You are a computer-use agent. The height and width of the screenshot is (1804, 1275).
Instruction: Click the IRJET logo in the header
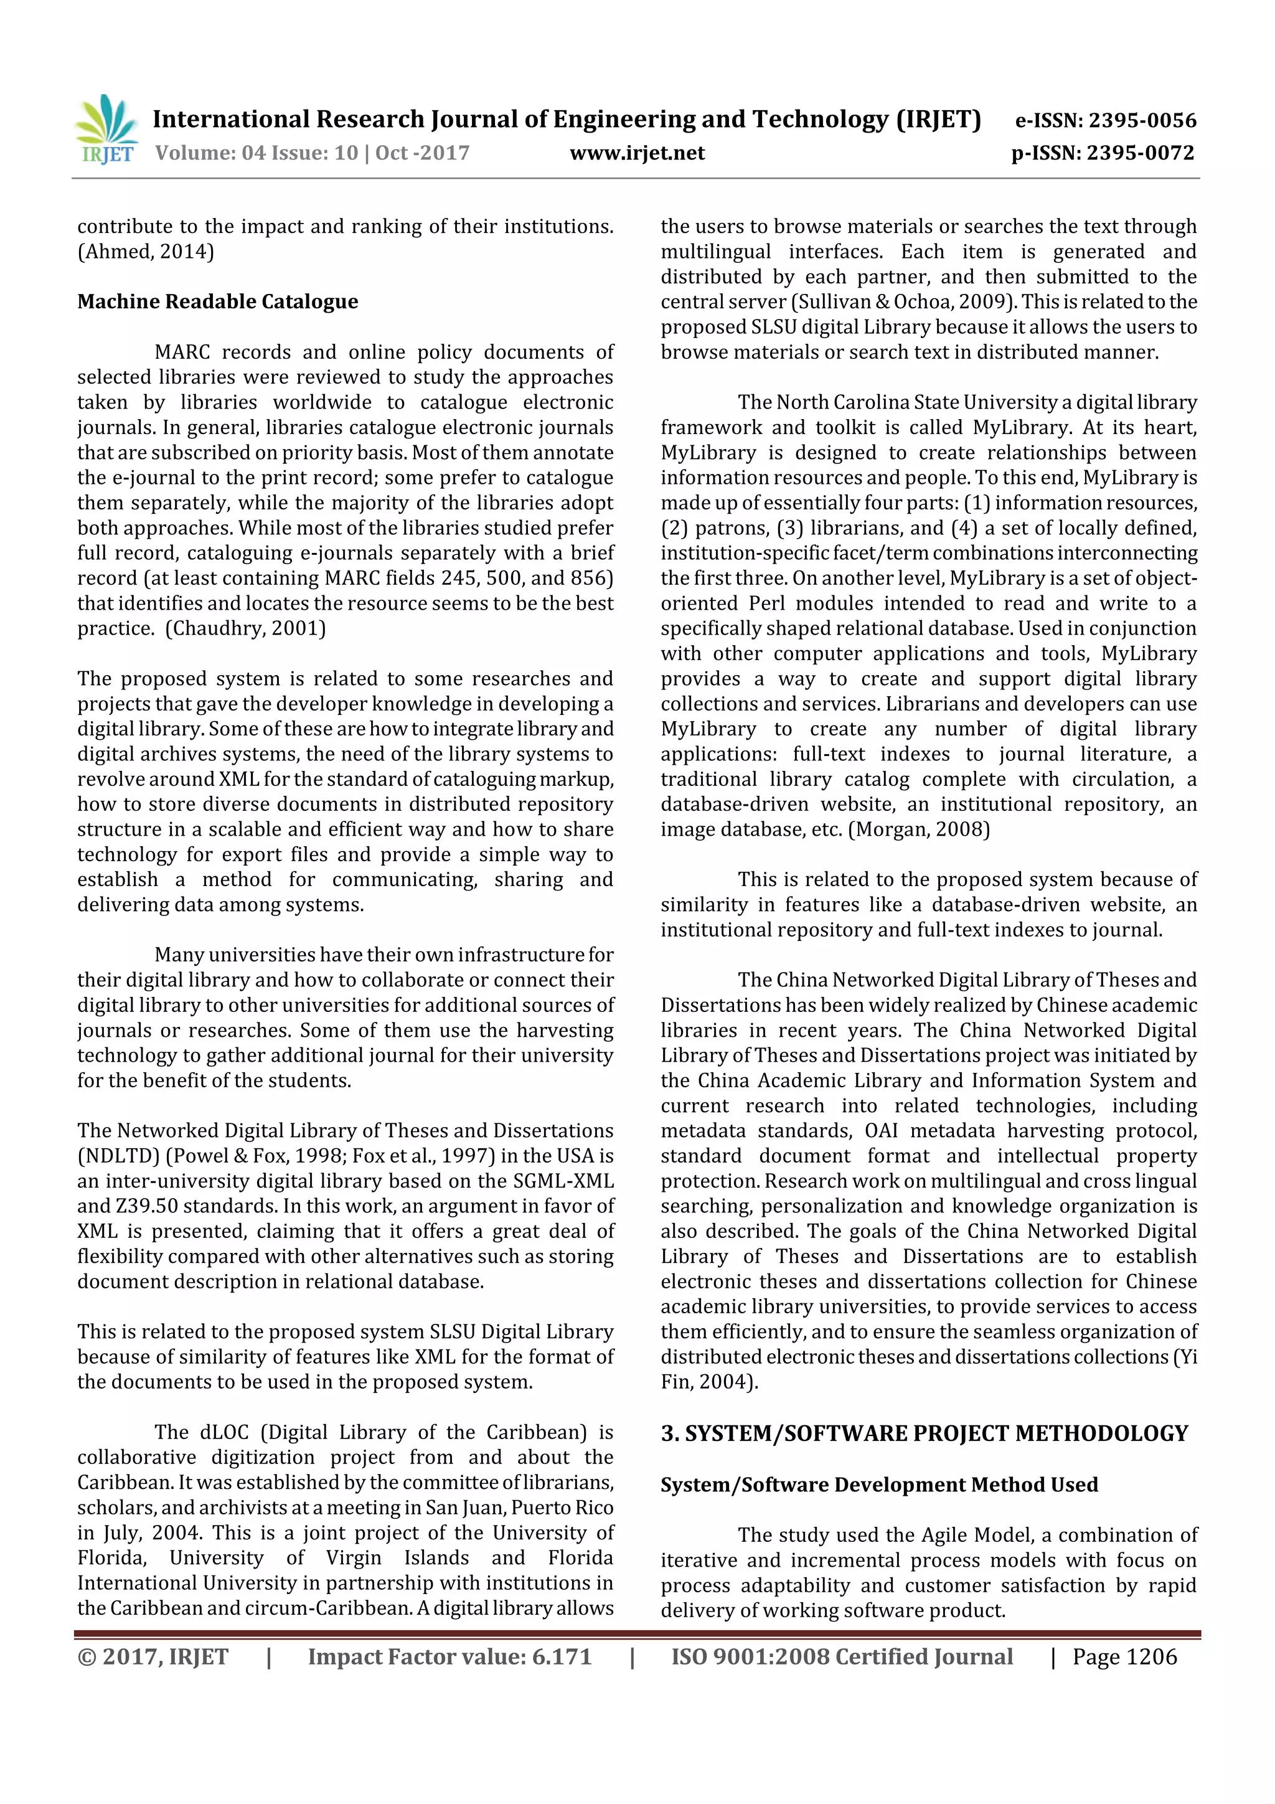click(x=107, y=129)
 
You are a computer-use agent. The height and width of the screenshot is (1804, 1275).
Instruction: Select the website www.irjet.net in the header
click(x=636, y=153)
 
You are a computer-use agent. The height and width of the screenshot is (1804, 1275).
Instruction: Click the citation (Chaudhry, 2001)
click(x=245, y=628)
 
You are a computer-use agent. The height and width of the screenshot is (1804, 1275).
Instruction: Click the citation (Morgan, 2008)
click(x=918, y=829)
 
